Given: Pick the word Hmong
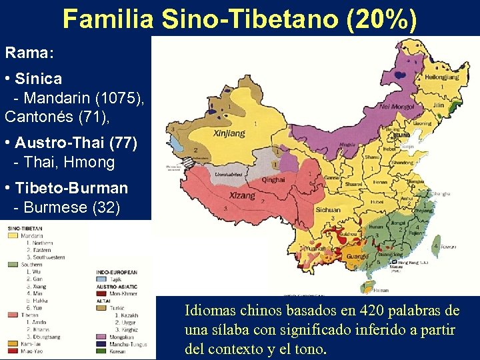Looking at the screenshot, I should click(93, 162).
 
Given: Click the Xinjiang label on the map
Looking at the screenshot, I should click(228, 133).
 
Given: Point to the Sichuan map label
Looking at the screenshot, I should click(329, 209).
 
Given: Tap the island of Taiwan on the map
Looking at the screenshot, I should click(437, 243).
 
